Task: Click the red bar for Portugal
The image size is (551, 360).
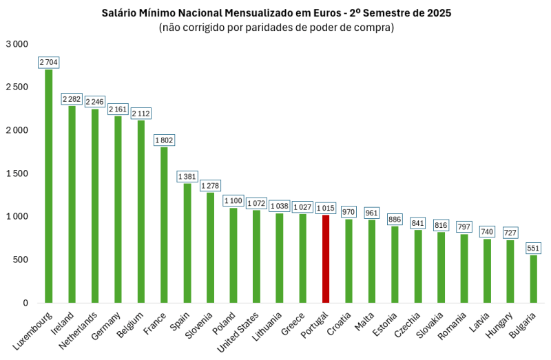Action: [326, 259]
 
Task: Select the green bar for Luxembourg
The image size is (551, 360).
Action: [49, 186]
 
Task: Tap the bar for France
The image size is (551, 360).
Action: [164, 224]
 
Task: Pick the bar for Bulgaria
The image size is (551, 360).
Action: [534, 279]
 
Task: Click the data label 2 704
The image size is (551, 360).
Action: [49, 63]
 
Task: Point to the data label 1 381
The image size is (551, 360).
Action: [187, 177]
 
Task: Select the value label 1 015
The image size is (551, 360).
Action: [326, 209]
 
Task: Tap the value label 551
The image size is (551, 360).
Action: [534, 248]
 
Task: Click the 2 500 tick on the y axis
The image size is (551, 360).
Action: [17, 87]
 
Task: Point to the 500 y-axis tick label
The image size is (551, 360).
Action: [20, 260]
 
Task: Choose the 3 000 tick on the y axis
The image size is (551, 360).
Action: [17, 44]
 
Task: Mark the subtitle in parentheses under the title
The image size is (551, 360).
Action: [276, 28]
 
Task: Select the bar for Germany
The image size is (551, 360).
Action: [118, 209]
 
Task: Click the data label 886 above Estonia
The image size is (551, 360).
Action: [395, 220]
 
